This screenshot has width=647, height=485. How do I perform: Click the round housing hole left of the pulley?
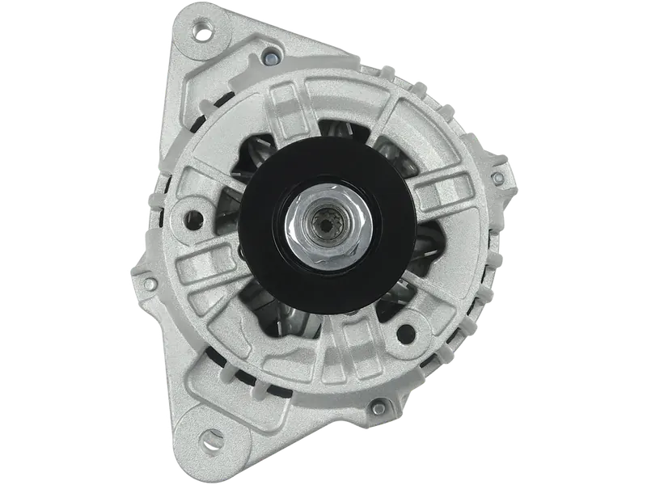193,217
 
